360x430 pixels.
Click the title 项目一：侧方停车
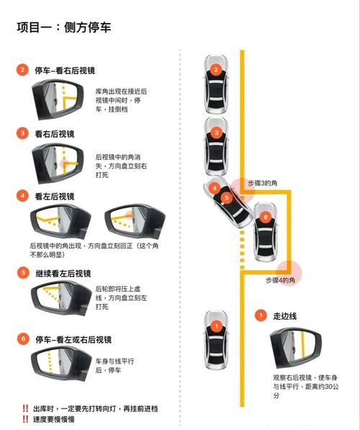[64, 27]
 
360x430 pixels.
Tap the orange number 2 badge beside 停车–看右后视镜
[23, 70]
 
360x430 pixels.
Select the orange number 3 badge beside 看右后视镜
[23, 133]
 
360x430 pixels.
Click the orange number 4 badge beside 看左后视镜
[23, 195]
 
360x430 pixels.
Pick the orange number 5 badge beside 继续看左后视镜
[23, 274]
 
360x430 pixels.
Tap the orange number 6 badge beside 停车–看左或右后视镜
[23, 339]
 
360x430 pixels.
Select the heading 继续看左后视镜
[65, 274]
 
